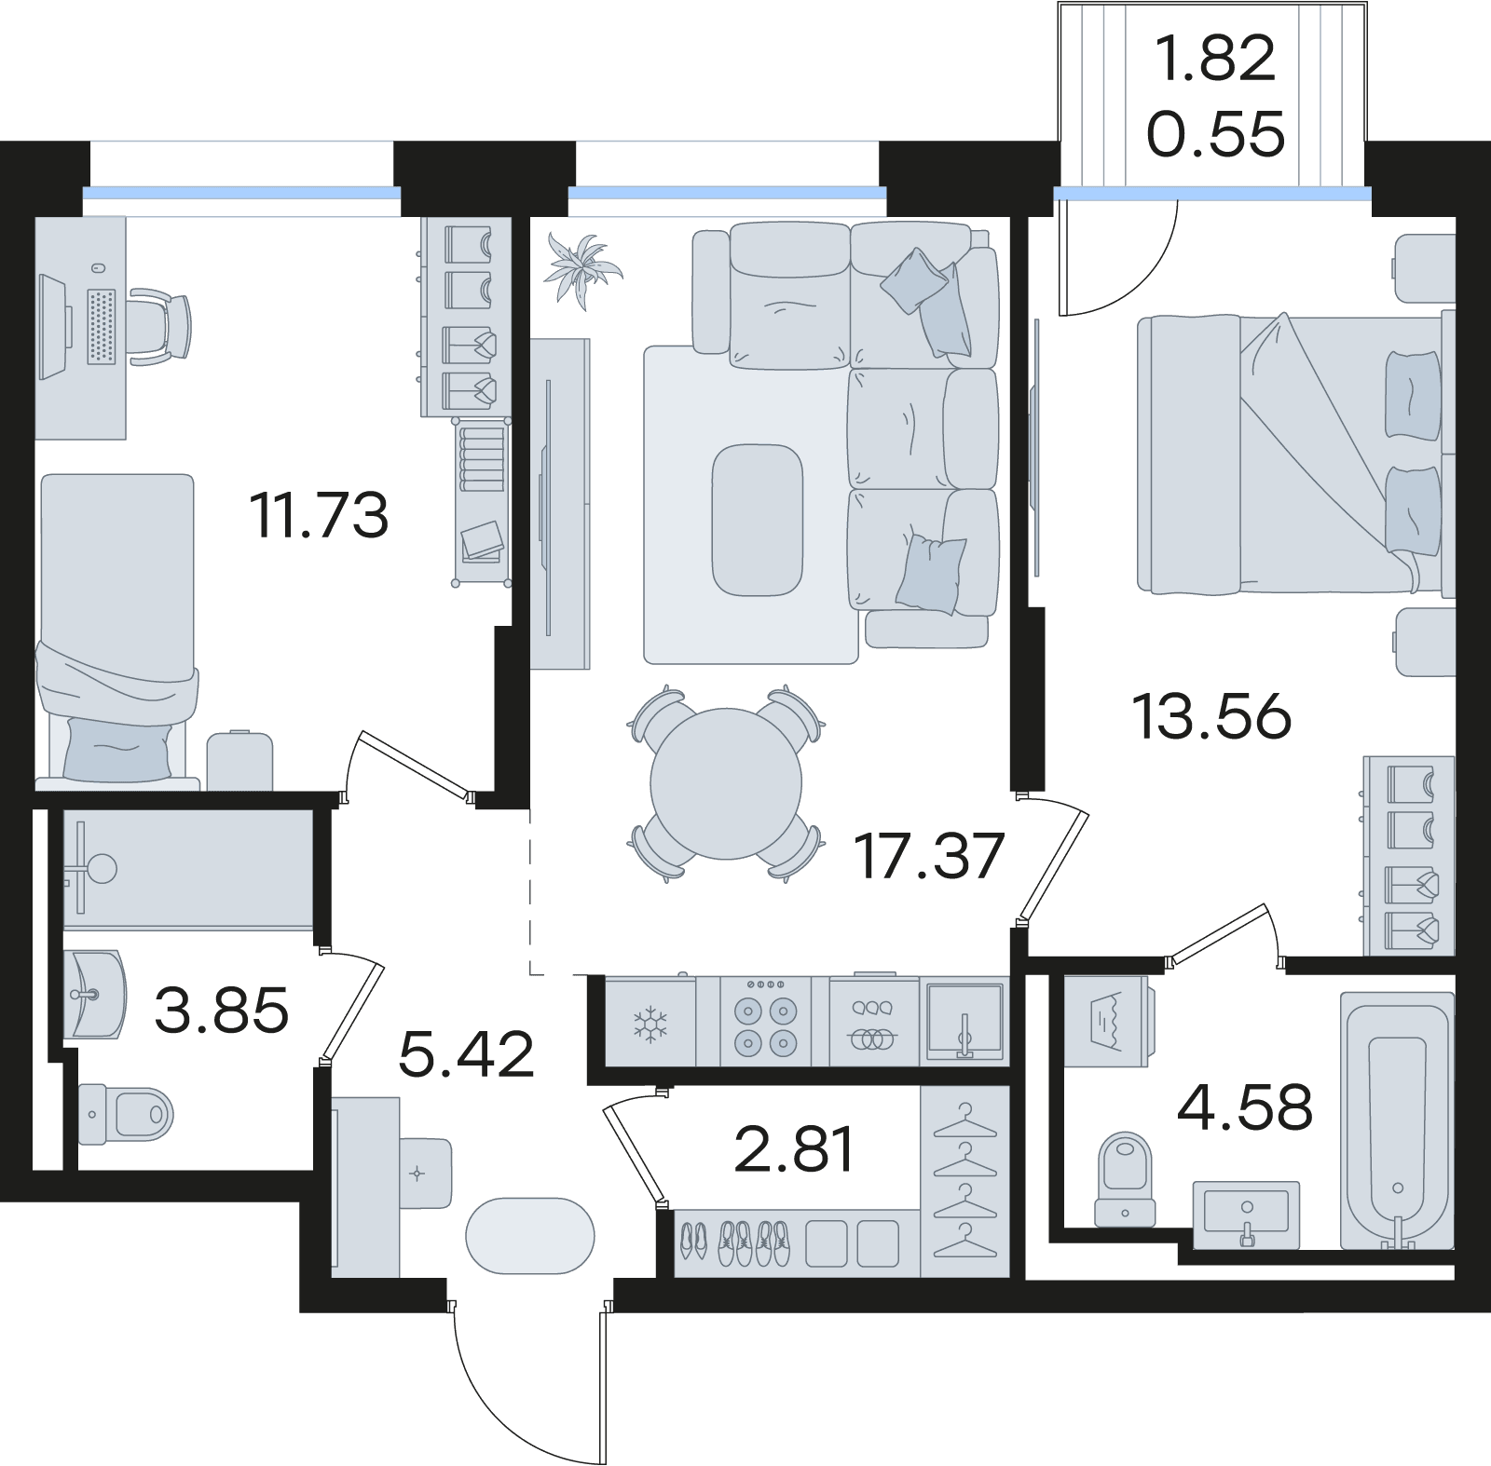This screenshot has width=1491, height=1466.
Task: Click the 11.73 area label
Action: [319, 516]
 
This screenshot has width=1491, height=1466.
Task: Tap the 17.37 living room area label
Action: [929, 856]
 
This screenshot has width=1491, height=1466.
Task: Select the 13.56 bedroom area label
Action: [1211, 717]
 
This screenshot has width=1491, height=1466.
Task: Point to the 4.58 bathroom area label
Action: [1245, 1107]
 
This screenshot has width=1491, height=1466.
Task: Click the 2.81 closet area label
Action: [794, 1149]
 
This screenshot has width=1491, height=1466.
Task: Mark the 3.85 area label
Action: [222, 1011]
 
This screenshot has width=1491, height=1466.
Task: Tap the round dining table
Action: [726, 783]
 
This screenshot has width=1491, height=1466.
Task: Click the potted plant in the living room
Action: [582, 268]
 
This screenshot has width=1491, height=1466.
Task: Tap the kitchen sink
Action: [964, 1022]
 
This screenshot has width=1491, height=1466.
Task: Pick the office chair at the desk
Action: [160, 325]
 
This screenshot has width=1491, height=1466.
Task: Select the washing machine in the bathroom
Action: [1109, 1022]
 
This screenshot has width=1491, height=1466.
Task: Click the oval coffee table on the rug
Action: [757, 520]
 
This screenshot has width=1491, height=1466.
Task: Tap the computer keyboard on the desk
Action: [102, 326]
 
